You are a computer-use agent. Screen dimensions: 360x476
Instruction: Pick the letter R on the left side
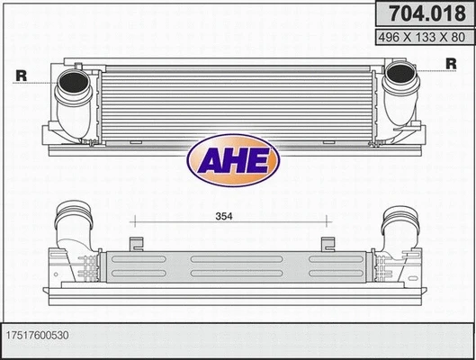(20, 76)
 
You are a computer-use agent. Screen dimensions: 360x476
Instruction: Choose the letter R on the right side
(451, 63)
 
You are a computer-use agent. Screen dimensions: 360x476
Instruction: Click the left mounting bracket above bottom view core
(138, 243)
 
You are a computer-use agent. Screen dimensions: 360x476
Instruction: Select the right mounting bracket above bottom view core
(328, 243)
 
